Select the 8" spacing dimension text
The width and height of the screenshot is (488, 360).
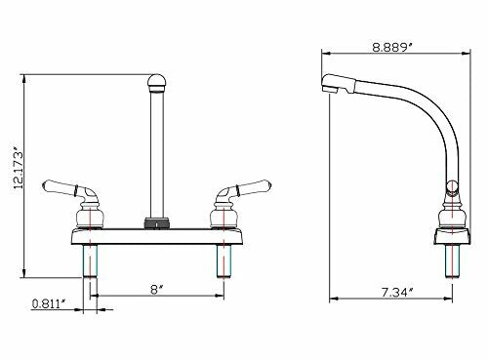155,288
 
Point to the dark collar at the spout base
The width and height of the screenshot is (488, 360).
154,222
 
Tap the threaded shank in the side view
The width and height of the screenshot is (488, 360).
450,262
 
